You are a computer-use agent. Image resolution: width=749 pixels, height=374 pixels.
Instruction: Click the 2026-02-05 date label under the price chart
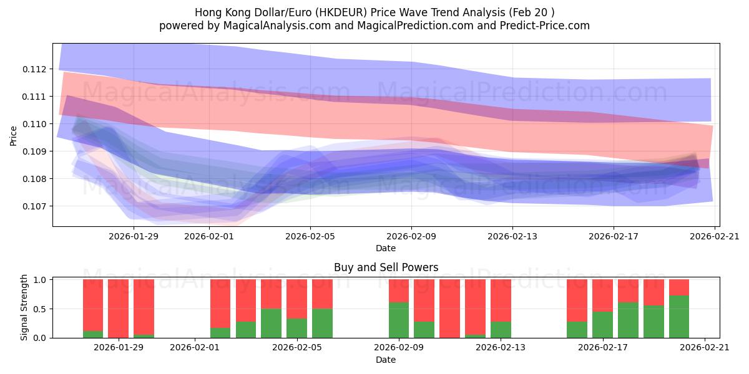tap(310, 236)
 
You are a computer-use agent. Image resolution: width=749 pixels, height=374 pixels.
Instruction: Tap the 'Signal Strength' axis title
tap(24, 307)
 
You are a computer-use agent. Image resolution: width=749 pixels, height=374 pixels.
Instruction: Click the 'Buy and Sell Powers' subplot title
tap(386, 267)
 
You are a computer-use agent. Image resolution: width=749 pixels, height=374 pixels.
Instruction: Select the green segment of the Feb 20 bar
tap(679, 317)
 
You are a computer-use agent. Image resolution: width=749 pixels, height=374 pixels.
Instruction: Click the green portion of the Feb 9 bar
tap(399, 320)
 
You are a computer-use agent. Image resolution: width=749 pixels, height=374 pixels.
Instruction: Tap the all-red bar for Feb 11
tap(449, 309)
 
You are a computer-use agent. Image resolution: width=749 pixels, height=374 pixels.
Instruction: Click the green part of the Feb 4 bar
tap(271, 323)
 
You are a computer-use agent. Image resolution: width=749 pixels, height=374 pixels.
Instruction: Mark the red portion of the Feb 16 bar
tap(577, 300)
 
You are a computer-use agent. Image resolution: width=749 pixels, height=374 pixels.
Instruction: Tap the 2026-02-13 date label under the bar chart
tap(501, 348)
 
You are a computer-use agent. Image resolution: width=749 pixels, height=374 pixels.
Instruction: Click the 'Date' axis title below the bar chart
tap(385, 360)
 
